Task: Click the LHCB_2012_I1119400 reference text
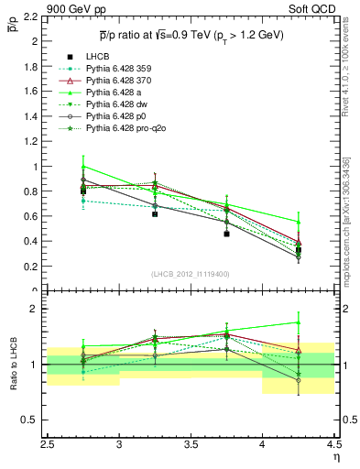pyautogui.click(x=192, y=275)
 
